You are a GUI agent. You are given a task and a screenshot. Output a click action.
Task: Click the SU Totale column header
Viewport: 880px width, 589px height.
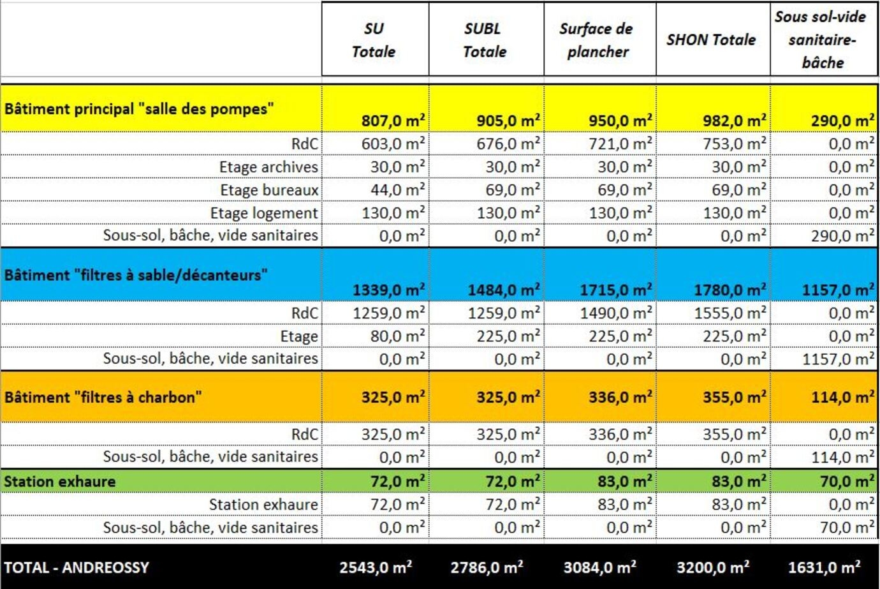coord(374,40)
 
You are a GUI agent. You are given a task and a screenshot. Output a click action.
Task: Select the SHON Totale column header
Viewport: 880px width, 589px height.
coord(711,40)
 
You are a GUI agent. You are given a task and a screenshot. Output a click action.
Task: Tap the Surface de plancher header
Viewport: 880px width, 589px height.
coord(597,40)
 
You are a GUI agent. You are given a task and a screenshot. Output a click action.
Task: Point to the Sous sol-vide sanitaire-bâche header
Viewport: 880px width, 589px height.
coord(821,40)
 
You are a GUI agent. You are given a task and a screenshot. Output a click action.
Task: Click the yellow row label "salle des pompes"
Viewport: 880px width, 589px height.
coord(139,109)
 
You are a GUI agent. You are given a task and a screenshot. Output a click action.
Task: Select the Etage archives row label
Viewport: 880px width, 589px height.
coord(268,167)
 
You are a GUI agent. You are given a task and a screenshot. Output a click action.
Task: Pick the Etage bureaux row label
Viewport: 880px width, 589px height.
coord(269,190)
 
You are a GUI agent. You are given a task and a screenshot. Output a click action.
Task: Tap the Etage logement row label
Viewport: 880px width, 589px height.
coord(264,213)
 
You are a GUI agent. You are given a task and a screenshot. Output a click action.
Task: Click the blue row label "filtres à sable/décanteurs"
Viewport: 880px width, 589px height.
coord(136,275)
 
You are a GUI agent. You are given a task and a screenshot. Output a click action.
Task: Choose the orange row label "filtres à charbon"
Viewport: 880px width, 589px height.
coord(103,397)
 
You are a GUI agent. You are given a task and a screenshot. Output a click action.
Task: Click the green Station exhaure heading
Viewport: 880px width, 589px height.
coord(60,481)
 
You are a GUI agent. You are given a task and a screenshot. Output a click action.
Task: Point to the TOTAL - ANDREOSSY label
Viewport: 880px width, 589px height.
coord(77,567)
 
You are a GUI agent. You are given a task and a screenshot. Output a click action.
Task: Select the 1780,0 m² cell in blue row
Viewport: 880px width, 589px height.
coord(730,290)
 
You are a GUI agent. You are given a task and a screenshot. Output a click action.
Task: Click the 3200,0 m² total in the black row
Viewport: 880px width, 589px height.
coord(713,567)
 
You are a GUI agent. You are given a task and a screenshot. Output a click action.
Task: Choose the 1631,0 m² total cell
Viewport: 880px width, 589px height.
coord(825,567)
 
